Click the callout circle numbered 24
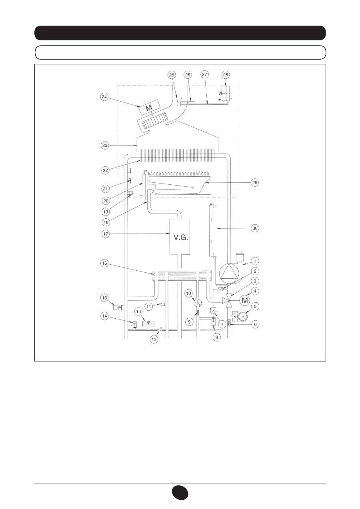coord(104,97)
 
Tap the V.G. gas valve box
coord(180,237)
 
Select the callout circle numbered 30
coord(255,228)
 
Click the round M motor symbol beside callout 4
coord(245,300)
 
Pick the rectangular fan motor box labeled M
coord(149,107)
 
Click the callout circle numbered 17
coord(106,234)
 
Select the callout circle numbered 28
coord(226,74)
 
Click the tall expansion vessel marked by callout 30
coord(213,230)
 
